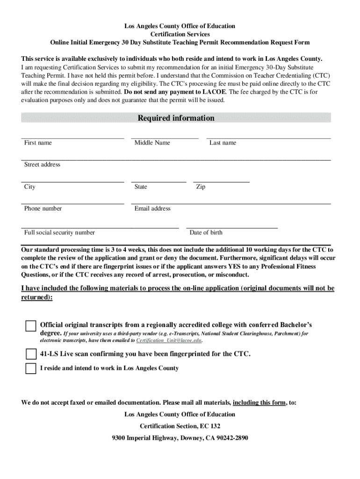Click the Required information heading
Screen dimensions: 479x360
pos(176,118)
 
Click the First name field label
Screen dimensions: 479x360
pos(38,143)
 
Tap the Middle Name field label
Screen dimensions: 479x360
pos(152,143)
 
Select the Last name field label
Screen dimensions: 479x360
pos(223,143)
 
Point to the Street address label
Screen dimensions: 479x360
pos(42,165)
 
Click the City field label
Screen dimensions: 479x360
pos(29,187)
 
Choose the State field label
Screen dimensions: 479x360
pos(141,187)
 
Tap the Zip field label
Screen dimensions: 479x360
pos(201,187)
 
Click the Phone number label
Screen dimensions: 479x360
pos(43,209)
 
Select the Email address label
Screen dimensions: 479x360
pos(152,209)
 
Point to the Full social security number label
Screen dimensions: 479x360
pos(59,232)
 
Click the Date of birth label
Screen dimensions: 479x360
pos(206,232)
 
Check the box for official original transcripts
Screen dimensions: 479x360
pos(31,326)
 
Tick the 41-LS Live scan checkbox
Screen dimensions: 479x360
pos(31,354)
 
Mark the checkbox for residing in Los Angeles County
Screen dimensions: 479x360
pos(31,369)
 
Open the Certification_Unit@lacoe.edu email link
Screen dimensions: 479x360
pos(169,341)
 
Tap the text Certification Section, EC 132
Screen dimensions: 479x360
pos(180,426)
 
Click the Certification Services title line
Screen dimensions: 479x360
pos(180,34)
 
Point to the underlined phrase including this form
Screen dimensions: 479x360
pos(259,402)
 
